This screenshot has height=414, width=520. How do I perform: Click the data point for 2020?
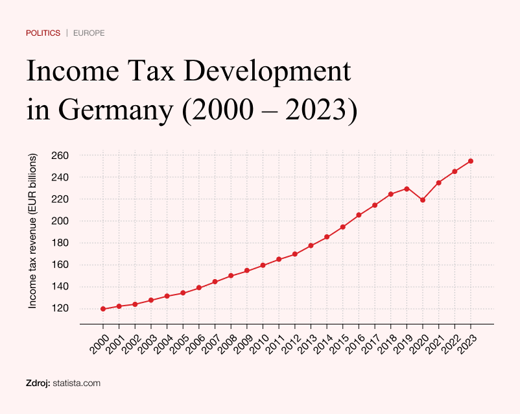(423, 200)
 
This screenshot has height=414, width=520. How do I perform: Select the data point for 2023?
(471, 161)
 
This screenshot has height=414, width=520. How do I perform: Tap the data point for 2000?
(103, 309)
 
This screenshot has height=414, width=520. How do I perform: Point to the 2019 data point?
(407, 189)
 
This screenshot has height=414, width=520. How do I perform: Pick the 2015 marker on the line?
(343, 227)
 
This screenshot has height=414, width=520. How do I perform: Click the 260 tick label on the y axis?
(60, 156)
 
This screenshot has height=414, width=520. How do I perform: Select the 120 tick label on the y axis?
(60, 308)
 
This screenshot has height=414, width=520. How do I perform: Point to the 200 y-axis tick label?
(60, 221)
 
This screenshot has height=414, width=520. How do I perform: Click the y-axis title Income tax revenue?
(33, 230)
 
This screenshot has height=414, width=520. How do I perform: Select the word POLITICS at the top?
(43, 32)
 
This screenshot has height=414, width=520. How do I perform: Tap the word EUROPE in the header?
(89, 32)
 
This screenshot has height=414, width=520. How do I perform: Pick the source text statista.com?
(77, 384)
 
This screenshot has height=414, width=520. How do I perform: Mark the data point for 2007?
(215, 282)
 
